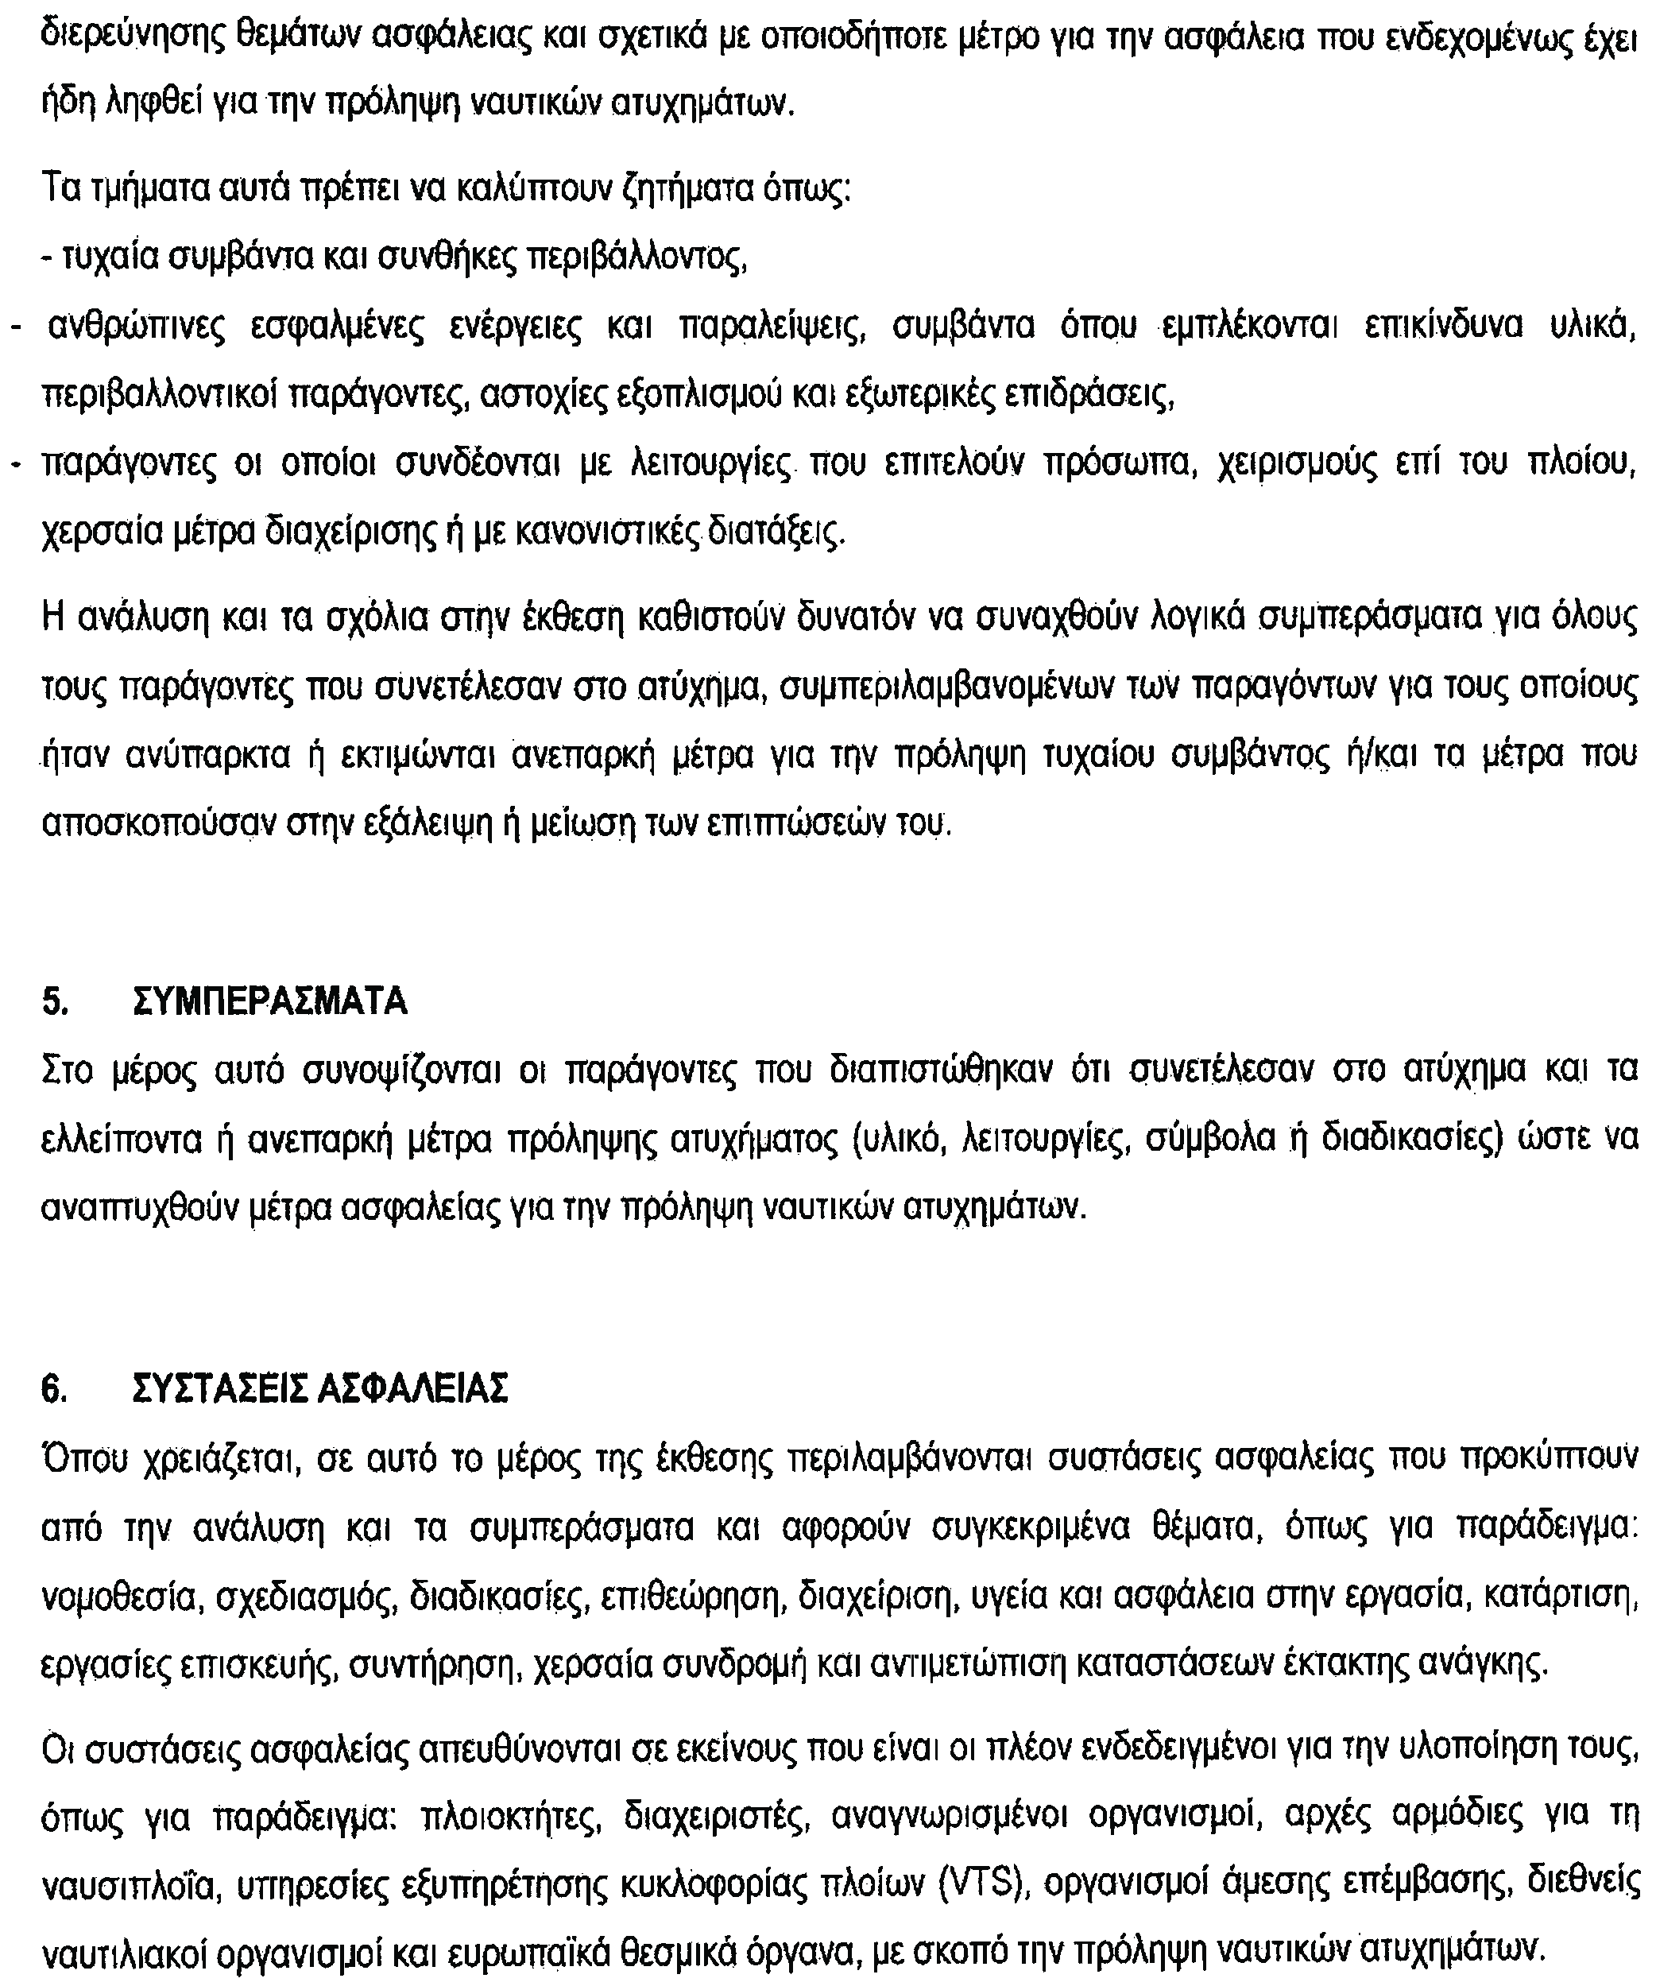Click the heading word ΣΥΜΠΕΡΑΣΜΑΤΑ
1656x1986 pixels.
[x=270, y=1001]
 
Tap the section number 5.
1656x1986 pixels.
[x=54, y=1001]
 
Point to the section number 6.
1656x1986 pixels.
[x=54, y=1388]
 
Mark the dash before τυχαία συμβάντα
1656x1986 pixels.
[x=49, y=258]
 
